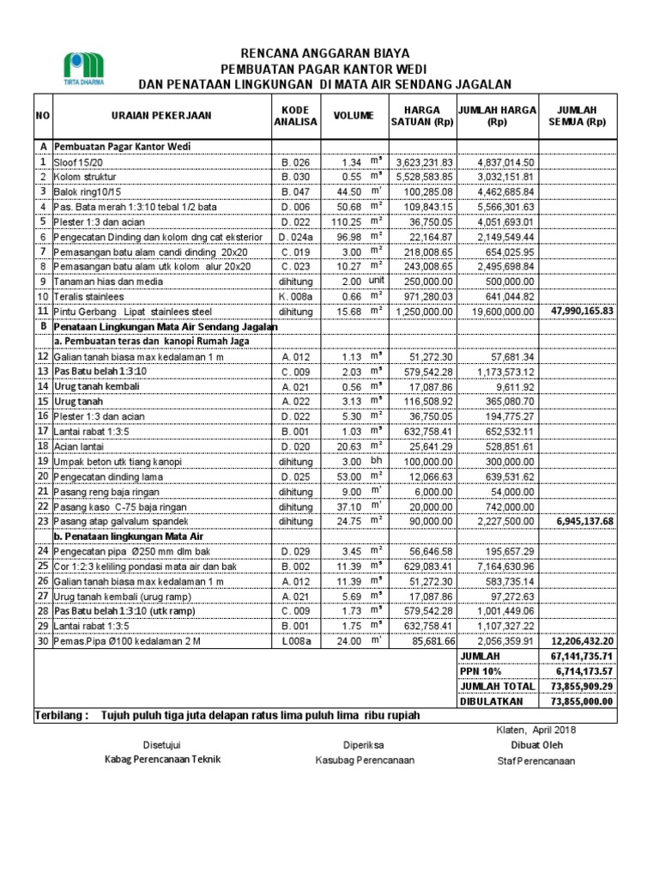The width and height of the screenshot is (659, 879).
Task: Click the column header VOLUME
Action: coord(354,115)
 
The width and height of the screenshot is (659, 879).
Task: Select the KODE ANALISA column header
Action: coord(296,115)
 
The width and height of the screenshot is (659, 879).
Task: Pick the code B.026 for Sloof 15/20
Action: coord(296,162)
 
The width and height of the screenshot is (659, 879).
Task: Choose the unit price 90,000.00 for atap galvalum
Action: coord(422,521)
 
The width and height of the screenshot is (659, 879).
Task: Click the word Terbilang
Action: coord(61,715)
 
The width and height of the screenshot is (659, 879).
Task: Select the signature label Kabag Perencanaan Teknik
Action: coord(163,759)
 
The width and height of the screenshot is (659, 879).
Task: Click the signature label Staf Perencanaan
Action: coord(536,761)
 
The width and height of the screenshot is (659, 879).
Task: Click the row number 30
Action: coord(42,641)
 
